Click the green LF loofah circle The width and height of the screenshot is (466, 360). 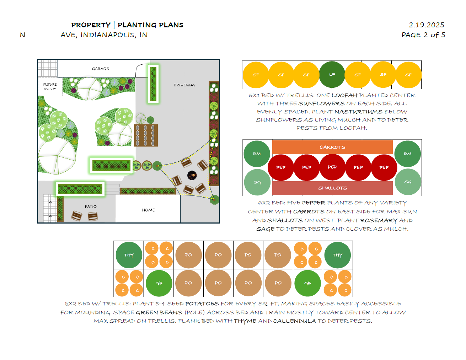point(332,75)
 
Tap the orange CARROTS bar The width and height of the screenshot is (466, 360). point(332,147)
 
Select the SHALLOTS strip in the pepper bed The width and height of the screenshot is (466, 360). point(332,188)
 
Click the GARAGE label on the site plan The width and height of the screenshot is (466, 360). point(100,69)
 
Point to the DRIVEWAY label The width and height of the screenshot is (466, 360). point(184,85)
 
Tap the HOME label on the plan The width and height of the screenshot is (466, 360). point(148,210)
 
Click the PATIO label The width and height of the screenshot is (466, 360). point(91,206)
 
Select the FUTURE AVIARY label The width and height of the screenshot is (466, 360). point(50,87)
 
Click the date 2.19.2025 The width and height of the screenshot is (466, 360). point(426,25)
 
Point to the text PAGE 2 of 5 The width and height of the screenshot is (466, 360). point(423,35)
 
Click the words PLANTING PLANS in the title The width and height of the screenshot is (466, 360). point(151,25)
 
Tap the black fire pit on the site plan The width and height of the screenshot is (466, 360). point(192,175)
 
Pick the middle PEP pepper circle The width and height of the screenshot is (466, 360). point(332,167)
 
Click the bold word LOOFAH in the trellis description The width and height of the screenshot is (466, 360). point(344,95)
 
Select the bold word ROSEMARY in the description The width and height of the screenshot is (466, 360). point(379,220)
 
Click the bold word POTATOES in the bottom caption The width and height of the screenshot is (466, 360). point(202,303)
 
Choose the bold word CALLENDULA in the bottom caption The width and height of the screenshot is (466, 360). point(294,321)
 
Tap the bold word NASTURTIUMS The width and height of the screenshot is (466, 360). point(358,112)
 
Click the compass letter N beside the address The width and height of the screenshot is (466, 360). point(23,35)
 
